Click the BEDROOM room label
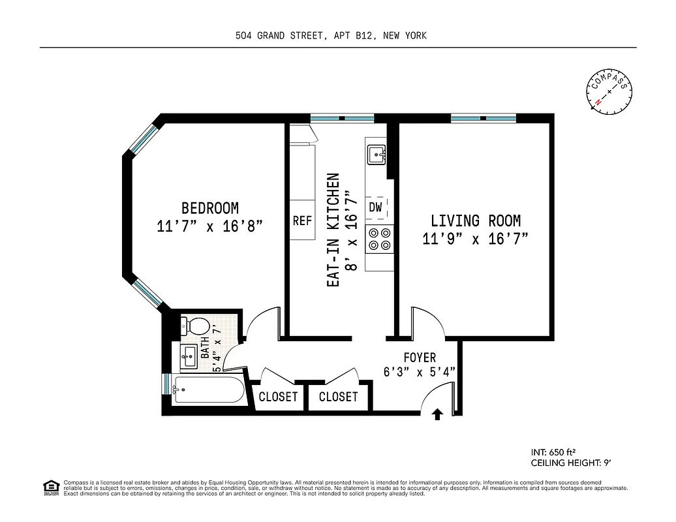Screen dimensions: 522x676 click(x=209, y=208)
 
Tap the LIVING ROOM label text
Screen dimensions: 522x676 click(x=475, y=221)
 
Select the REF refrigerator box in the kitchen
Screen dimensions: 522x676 click(x=302, y=221)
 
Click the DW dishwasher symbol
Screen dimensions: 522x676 click(x=376, y=207)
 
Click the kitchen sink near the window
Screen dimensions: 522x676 click(x=376, y=155)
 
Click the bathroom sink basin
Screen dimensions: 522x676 click(x=189, y=356)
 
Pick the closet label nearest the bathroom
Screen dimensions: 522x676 click(x=278, y=397)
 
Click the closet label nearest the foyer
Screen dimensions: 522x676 click(x=339, y=397)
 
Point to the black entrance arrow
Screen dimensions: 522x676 click(x=438, y=413)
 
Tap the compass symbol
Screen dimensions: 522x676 click(x=609, y=91)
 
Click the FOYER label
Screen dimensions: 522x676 click(x=420, y=358)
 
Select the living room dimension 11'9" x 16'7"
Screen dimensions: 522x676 click(x=475, y=239)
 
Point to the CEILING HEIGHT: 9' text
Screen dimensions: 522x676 click(x=571, y=463)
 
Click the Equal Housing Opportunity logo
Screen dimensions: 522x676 click(x=50, y=486)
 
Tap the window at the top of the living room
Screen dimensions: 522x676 click(x=483, y=118)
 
